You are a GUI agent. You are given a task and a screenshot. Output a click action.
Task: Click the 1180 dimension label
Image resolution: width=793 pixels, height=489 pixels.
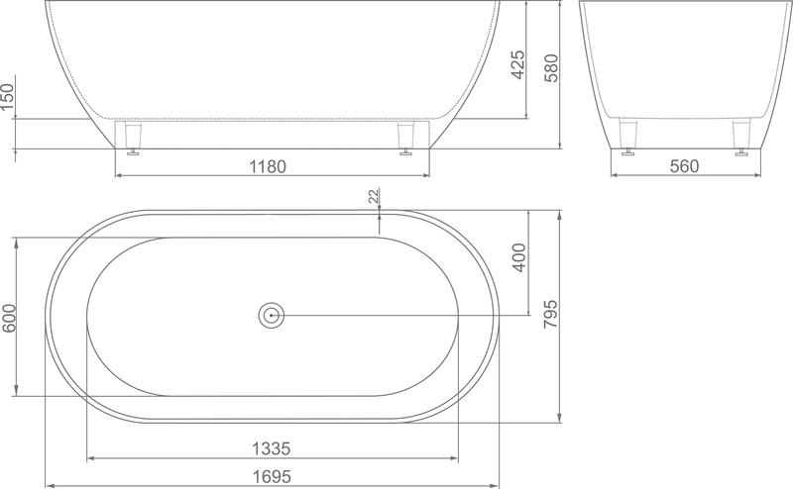(268, 166)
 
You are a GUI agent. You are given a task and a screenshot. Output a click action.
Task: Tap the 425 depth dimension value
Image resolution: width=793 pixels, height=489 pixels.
(517, 64)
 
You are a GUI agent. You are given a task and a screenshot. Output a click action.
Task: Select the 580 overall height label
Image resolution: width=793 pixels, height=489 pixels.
(551, 67)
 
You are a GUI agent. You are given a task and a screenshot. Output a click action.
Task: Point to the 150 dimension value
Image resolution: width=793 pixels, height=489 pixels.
(8, 97)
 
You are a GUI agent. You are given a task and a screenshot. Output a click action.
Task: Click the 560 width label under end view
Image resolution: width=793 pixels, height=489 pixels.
(684, 165)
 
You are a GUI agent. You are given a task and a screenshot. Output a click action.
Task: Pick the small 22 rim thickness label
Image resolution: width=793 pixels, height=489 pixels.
(374, 196)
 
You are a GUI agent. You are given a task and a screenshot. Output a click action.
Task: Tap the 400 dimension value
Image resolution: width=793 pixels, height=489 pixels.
(518, 257)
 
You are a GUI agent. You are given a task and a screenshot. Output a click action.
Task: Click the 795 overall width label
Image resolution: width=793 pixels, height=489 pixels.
(551, 314)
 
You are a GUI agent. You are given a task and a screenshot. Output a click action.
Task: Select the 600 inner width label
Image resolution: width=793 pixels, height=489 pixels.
(9, 319)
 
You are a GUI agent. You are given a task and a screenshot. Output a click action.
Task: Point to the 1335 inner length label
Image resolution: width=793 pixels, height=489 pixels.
(272, 448)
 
